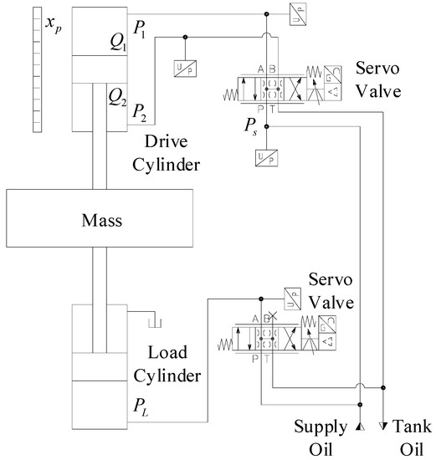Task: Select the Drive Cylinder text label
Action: (x=172, y=153)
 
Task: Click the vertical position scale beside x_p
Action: (x=33, y=68)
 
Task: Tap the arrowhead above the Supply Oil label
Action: (x=360, y=427)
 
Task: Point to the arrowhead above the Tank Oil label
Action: (x=384, y=427)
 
